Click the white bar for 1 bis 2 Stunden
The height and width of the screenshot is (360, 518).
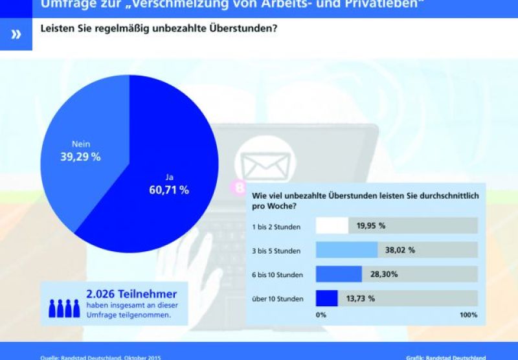332,225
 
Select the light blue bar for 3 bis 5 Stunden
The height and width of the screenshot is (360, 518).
346,250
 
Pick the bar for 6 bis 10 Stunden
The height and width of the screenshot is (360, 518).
339,274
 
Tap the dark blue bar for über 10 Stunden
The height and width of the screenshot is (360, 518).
326,298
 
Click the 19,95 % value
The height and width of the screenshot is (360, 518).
371,225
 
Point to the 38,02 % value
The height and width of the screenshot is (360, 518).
400,250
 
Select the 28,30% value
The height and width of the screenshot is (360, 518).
383,274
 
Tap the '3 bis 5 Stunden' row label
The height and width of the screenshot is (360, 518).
276,251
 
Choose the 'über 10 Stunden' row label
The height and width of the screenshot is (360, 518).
277,298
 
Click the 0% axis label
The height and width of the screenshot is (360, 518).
321,315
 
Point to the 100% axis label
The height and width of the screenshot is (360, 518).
467,315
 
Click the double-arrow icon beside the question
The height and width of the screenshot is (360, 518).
16,34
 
